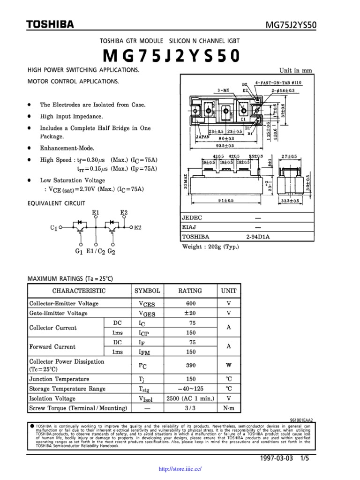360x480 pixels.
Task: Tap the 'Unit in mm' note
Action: tap(295, 71)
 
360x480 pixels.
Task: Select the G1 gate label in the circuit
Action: tap(79, 251)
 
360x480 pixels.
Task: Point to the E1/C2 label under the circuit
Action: tap(96, 251)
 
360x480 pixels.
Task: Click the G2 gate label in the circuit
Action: tap(111, 251)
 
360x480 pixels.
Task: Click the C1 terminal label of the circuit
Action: tap(53, 228)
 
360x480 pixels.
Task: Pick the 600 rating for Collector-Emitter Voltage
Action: tap(190, 303)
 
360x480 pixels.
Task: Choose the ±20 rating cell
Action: tap(190, 313)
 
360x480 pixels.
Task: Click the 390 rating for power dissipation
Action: tap(190, 365)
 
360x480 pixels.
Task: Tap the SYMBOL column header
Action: tap(147, 291)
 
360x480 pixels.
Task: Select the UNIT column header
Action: tap(229, 291)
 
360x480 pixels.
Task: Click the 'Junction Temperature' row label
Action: tap(59, 379)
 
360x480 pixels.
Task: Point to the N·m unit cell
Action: tap(229, 408)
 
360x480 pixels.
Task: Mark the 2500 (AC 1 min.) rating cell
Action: tap(190, 398)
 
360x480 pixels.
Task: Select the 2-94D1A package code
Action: tap(258, 237)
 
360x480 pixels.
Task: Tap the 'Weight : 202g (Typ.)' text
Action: tap(210, 247)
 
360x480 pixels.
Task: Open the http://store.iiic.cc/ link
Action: tap(180, 468)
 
